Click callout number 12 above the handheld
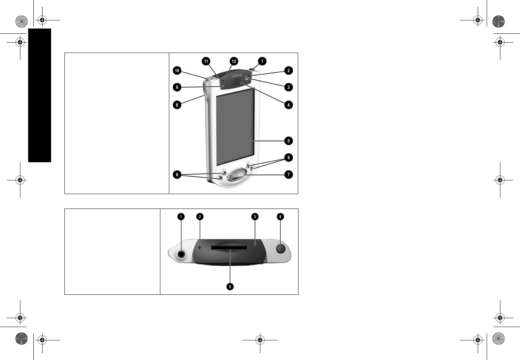233,61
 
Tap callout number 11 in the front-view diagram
206,61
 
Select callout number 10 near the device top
177,70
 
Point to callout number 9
177,87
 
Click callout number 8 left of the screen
177,105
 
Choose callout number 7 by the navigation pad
289,174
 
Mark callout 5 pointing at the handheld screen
289,141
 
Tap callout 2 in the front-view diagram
289,70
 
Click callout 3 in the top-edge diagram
255,216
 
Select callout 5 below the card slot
230,287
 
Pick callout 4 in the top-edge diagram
280,216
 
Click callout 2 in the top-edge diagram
200,216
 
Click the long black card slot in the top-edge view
229,247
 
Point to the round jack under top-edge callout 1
181,254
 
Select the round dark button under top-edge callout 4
281,249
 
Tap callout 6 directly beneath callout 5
289,158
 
